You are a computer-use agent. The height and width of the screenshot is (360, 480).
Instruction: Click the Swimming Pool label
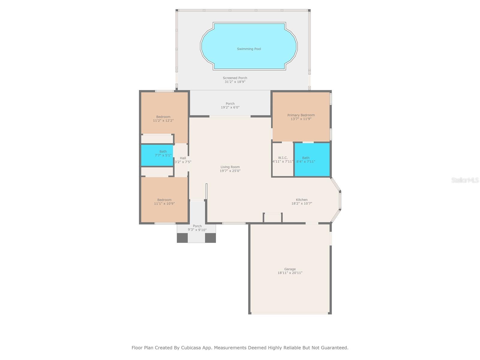coord(249,49)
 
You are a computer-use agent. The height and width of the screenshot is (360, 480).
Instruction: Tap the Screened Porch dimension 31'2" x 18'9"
coord(235,82)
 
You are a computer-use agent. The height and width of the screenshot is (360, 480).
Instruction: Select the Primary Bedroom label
coord(301,115)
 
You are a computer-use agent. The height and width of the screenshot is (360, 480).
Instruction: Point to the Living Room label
coord(230,167)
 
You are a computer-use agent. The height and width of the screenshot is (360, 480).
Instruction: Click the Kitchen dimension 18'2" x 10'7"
coord(301,203)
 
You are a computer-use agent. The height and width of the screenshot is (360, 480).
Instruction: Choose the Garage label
coord(290,269)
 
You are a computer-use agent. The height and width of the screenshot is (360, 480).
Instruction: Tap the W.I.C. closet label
coord(283,158)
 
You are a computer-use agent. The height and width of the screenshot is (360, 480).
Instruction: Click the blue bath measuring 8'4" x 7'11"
coord(312,159)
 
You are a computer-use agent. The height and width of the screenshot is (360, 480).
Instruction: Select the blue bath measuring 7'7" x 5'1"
coord(157,155)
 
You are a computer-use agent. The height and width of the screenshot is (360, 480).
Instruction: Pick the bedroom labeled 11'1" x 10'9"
coord(164,200)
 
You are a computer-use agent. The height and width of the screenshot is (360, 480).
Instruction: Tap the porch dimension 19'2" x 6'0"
coord(230,107)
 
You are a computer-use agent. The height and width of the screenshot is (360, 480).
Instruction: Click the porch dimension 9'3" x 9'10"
coord(197,230)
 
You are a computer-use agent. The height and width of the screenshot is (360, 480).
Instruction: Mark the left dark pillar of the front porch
coord(182,238)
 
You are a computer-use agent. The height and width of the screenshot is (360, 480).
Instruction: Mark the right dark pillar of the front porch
coord(210,238)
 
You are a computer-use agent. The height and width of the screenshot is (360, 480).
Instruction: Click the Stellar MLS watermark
coord(465,180)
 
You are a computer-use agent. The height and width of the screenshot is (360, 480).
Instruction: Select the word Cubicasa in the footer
coord(191,347)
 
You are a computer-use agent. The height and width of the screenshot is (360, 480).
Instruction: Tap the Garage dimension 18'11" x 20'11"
coord(290,273)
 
